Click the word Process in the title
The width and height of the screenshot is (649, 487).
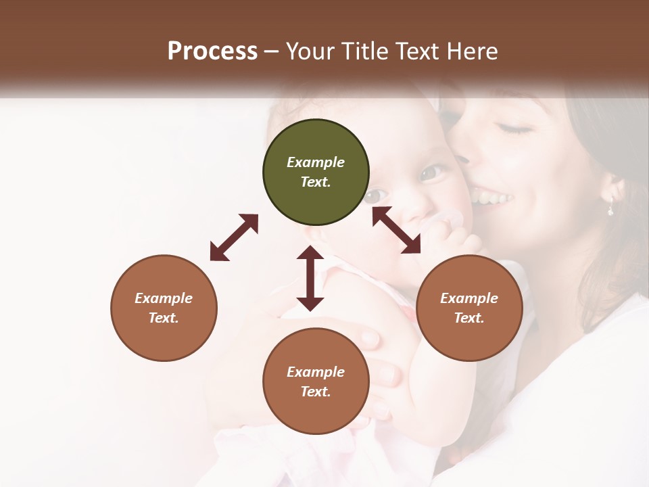pos(212,51)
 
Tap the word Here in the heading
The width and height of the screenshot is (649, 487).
pos(471,51)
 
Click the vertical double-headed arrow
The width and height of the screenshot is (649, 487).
pos(310,278)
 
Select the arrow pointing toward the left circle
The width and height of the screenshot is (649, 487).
pos(234,237)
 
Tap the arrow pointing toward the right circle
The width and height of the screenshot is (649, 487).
pos(397,230)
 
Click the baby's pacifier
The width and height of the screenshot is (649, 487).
pos(448,221)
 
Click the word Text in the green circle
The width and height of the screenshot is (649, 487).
pos(315,182)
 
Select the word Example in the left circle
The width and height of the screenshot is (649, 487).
pos(164,298)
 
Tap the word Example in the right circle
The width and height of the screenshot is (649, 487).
pos(469,298)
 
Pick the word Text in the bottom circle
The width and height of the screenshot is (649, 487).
pos(315,392)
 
